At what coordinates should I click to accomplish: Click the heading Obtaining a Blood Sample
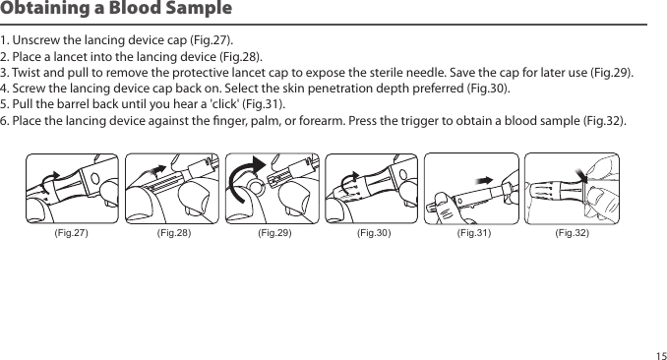116,8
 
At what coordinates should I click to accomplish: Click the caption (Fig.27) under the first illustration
71,233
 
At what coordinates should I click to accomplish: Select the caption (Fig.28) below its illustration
174,233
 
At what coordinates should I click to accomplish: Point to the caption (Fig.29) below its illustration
274,233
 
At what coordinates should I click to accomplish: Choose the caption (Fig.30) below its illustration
374,233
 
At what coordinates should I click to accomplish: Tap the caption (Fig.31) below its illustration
474,233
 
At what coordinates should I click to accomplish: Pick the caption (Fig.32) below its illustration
573,233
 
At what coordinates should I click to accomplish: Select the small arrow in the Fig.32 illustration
580,174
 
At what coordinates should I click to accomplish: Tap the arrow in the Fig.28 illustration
156,170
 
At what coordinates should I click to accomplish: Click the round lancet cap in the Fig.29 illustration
256,187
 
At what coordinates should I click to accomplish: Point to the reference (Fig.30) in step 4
488,89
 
